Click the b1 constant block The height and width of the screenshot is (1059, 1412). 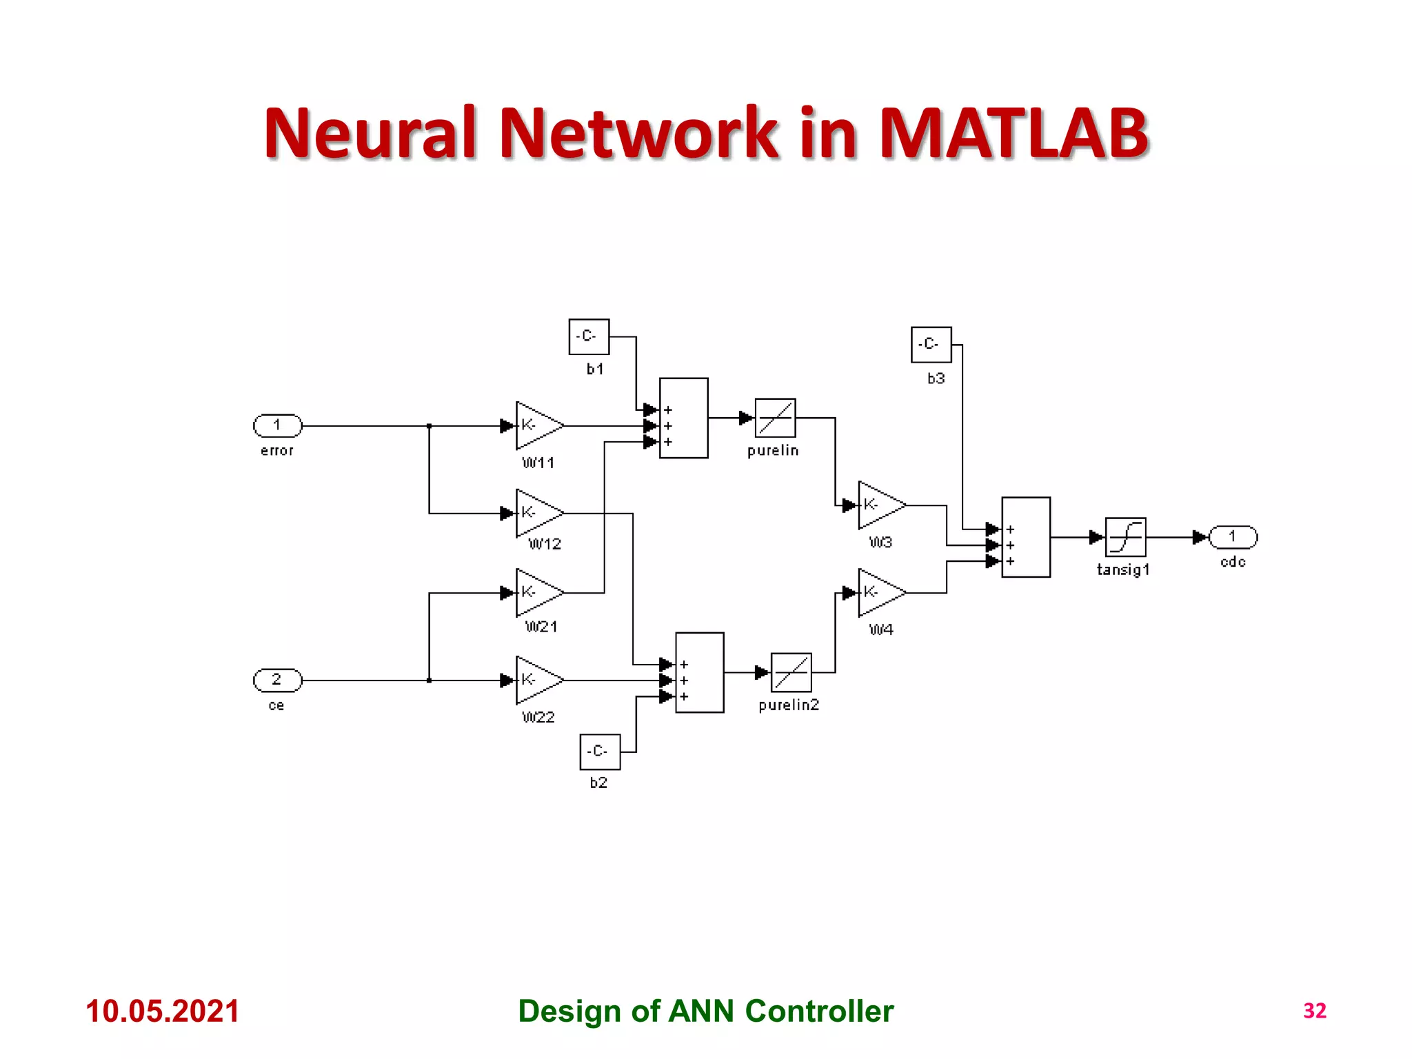589,336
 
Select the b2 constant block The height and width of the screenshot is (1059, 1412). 600,752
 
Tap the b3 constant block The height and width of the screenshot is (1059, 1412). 931,344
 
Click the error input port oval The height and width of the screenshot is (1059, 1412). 277,425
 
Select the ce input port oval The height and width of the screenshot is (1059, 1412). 277,680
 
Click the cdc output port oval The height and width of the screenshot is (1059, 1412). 1233,536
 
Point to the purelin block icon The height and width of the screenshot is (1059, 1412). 775,418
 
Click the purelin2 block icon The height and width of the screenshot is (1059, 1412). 791,672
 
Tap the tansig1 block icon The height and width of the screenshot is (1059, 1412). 1125,536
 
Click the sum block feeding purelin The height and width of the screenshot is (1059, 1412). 683,418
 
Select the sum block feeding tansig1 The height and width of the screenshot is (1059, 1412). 1025,536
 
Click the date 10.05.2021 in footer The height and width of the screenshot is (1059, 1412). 162,1011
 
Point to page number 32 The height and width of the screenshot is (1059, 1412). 1314,1011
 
